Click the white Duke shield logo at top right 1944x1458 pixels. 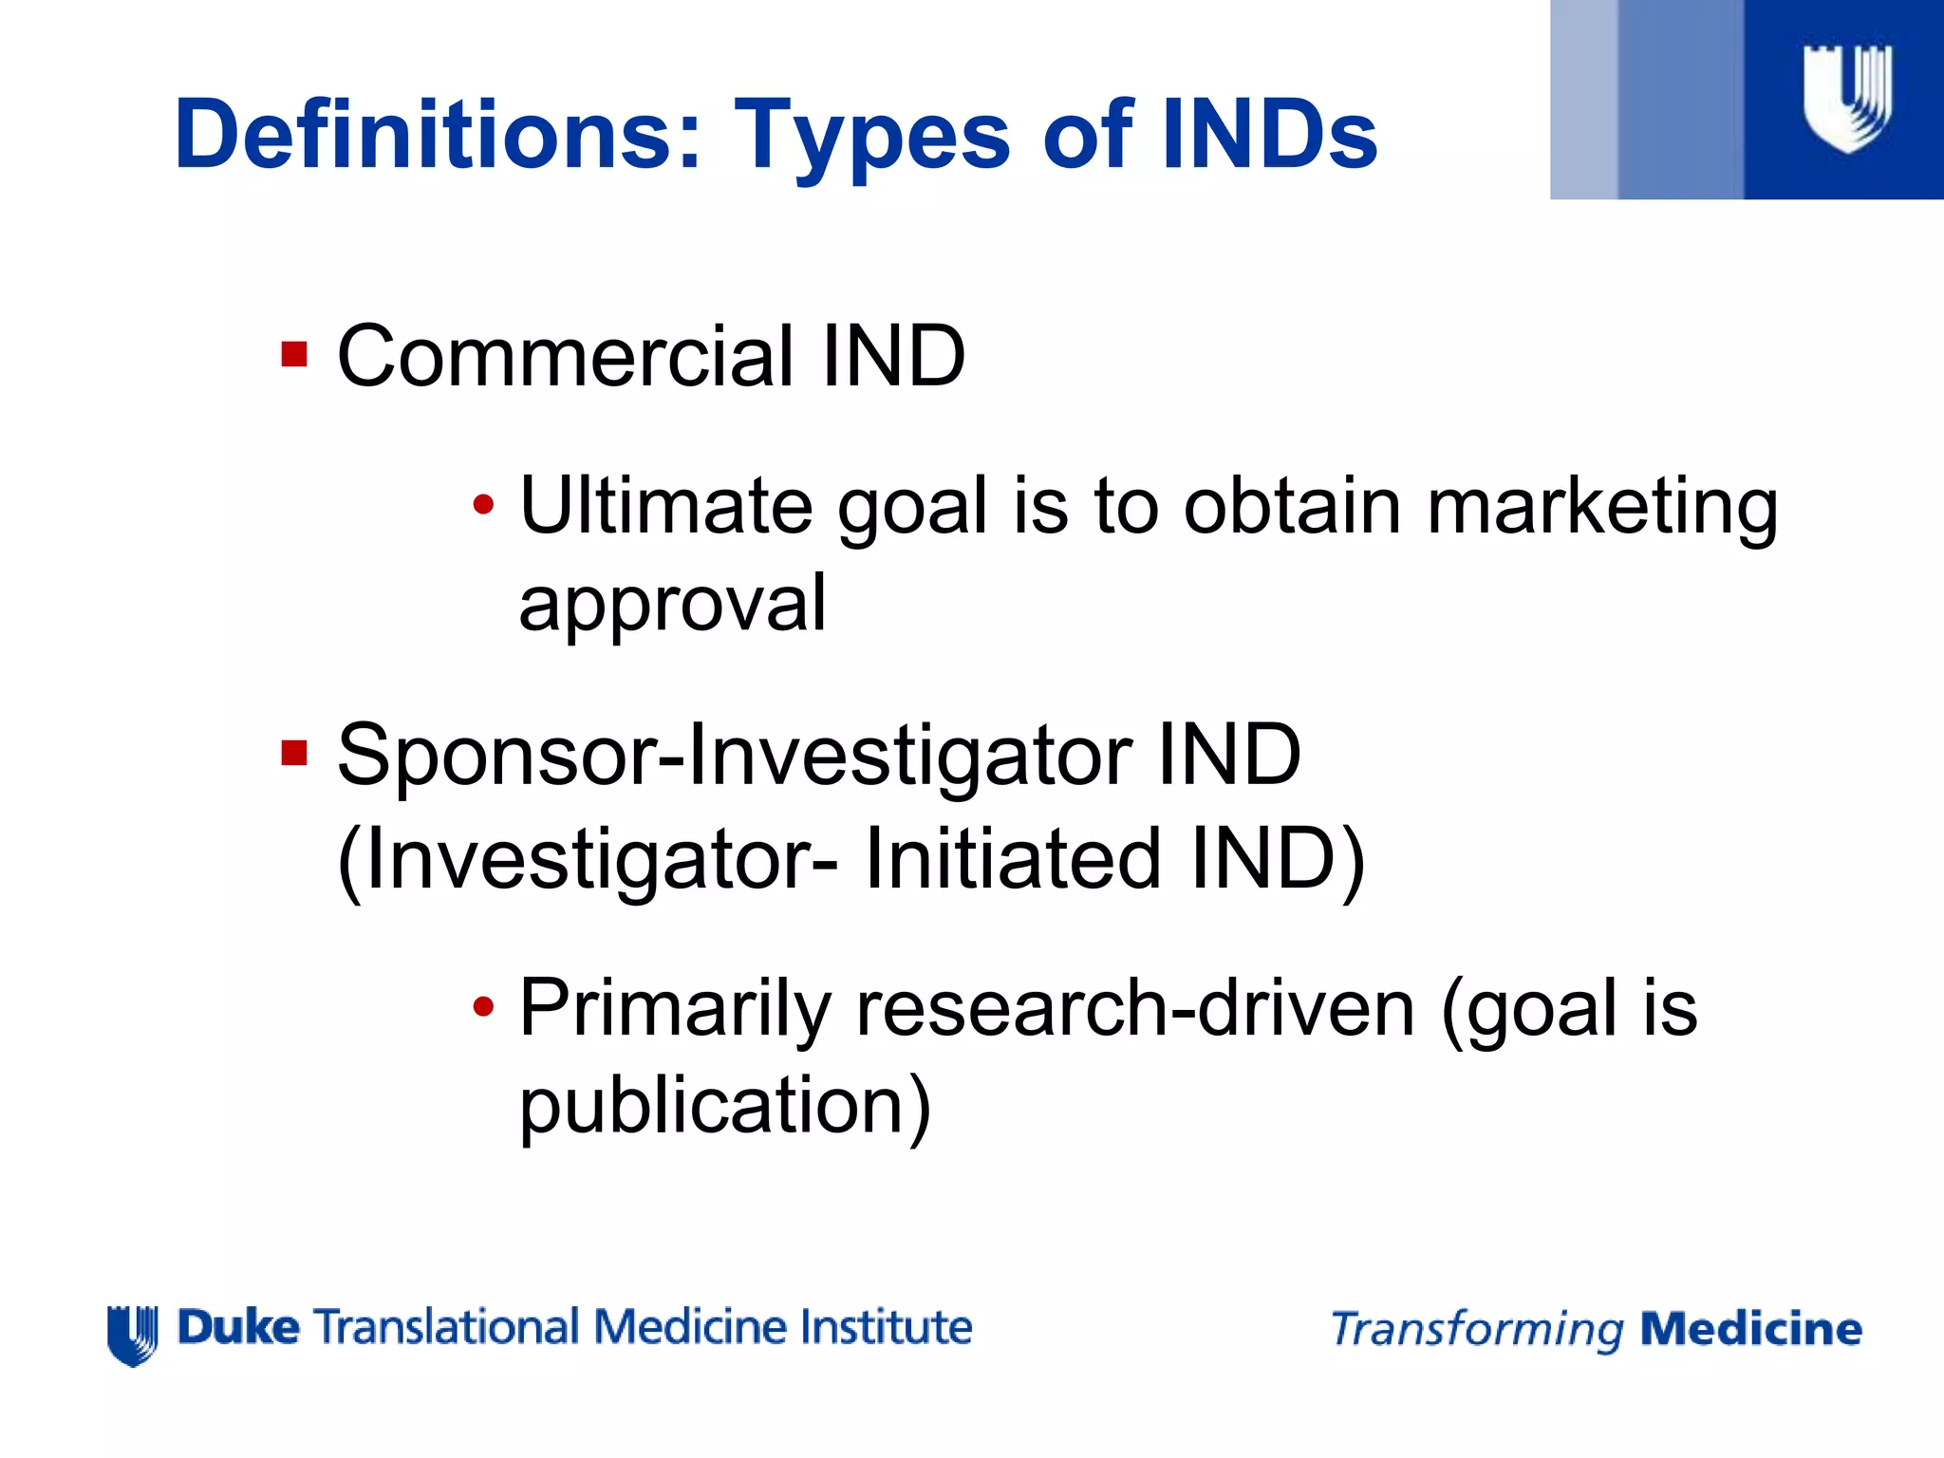click(1846, 98)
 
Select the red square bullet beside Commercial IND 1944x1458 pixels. click(294, 355)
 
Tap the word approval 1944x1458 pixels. click(672, 604)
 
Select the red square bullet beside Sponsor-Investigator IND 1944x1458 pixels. click(294, 755)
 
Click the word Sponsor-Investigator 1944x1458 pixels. click(734, 757)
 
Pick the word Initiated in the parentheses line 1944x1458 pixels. click(1013, 859)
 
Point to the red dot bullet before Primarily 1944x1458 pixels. click(483, 1007)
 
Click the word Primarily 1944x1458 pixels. click(675, 1010)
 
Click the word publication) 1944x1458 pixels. click(725, 1107)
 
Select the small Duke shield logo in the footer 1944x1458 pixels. click(132, 1335)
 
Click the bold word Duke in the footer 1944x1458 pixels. click(238, 1327)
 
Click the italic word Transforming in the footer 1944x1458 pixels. click(1477, 1330)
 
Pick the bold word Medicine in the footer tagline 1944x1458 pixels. click(1750, 1329)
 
